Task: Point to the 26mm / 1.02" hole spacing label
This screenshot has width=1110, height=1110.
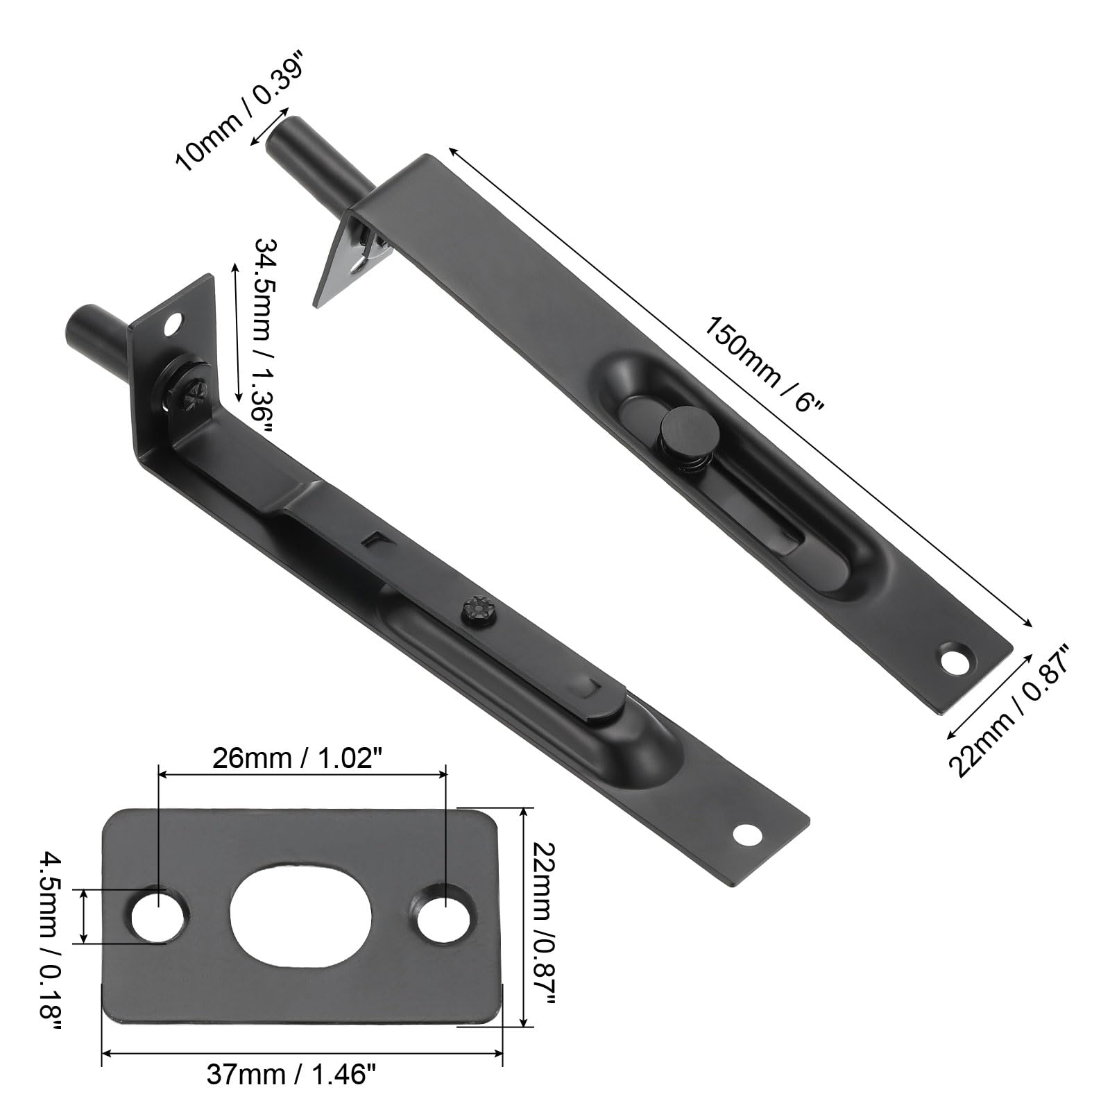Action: (301, 758)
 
